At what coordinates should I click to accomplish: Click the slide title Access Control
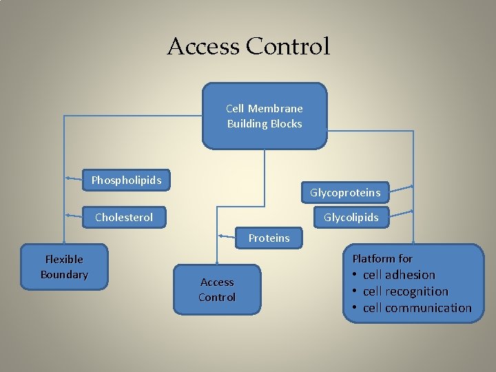249,47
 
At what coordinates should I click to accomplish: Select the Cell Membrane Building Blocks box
265,116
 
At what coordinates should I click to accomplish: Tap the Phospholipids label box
127,180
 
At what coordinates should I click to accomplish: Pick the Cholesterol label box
124,218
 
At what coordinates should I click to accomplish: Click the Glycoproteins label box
345,192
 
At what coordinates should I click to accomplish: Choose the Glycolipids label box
351,218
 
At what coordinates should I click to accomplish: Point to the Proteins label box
269,238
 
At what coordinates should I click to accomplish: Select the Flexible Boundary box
64,267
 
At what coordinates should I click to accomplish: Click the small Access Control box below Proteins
217,289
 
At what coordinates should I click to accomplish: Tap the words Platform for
382,259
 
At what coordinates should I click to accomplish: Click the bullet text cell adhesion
399,275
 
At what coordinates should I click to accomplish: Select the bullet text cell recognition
405,291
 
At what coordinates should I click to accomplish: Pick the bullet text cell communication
417,308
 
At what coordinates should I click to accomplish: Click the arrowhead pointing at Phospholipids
68,178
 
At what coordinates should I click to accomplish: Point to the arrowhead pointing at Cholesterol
68,216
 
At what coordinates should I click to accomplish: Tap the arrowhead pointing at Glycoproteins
411,187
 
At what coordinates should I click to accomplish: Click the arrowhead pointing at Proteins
220,236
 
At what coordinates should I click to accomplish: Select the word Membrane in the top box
275,109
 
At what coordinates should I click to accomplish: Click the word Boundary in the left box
64,275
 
